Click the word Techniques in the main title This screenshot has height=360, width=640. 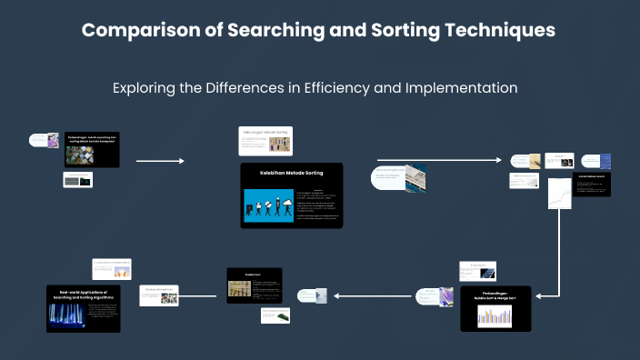[x=499, y=30]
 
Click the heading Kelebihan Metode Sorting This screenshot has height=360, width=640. [x=291, y=172]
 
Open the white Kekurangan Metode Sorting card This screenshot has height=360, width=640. [x=265, y=141]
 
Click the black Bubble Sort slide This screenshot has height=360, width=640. [x=254, y=285]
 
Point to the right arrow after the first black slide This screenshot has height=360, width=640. [x=160, y=161]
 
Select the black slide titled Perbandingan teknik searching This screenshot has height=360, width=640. [x=91, y=150]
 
